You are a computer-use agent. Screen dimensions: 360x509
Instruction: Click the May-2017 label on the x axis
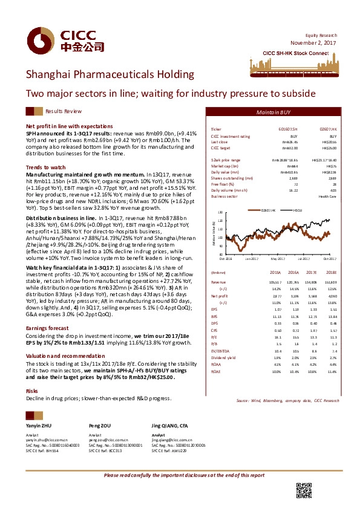277,258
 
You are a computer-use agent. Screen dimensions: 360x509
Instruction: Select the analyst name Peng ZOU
99,426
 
